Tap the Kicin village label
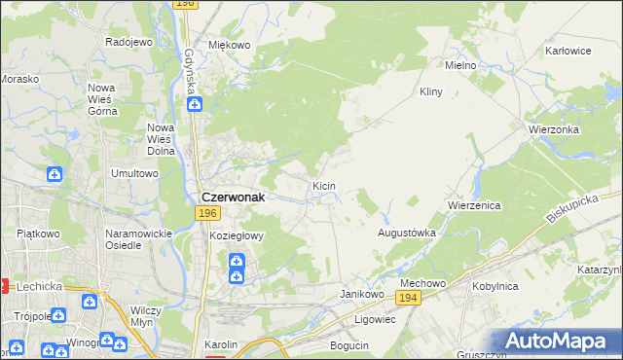click(x=323, y=185)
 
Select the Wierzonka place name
click(x=555, y=129)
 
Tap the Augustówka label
click(x=406, y=234)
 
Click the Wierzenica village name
click(x=473, y=206)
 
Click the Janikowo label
click(x=358, y=293)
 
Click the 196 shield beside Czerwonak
click(x=205, y=213)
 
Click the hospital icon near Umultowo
click(x=55, y=174)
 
